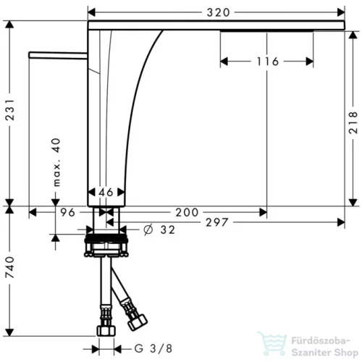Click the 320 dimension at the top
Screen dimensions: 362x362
[x=218, y=12]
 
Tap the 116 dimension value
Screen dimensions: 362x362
[x=268, y=62]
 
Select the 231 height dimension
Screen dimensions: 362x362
[x=10, y=109]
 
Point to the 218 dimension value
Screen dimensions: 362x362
[x=353, y=122]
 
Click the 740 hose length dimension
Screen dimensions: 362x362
[x=10, y=267]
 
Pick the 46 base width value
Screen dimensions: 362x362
[x=106, y=193]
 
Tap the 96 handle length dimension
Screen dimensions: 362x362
[x=67, y=212]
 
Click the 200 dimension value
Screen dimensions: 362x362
[x=187, y=212]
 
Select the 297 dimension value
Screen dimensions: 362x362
[x=217, y=222]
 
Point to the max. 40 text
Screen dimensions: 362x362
[x=56, y=162]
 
